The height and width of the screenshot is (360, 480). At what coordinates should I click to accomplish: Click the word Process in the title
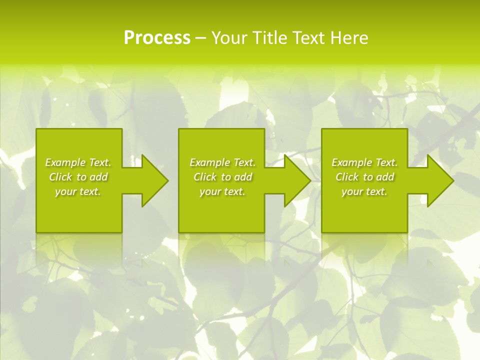[x=157, y=38]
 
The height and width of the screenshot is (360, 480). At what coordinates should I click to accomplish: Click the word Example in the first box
[x=64, y=162]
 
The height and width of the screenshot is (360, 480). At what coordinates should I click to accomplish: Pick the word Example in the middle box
[x=209, y=162]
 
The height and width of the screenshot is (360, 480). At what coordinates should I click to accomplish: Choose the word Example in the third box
[x=351, y=162]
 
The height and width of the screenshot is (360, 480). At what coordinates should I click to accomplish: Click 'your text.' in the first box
[x=77, y=191]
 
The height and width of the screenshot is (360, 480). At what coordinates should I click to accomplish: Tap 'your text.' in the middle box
[x=222, y=191]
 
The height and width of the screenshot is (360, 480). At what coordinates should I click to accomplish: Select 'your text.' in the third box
[x=364, y=191]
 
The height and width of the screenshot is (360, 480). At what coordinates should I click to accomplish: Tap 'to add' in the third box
[x=379, y=177]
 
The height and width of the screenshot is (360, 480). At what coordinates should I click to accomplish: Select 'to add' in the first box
[x=93, y=177]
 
